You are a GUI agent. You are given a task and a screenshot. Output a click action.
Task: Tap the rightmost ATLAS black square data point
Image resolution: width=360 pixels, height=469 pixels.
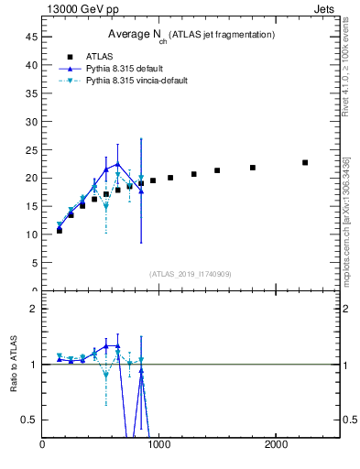[x=305, y=163]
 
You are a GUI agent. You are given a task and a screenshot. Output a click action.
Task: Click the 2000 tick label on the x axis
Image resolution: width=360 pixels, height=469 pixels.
[x=277, y=445]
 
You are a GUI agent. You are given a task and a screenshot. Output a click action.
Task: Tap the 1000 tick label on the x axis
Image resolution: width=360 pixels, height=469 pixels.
[x=159, y=445]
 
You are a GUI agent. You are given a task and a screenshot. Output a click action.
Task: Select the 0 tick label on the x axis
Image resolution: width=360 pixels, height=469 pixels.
[x=42, y=445]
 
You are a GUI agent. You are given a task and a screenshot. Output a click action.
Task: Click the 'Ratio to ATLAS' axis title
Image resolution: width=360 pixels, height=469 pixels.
[x=14, y=365]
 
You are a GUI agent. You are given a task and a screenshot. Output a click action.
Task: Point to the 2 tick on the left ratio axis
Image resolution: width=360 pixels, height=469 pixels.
[x=33, y=309]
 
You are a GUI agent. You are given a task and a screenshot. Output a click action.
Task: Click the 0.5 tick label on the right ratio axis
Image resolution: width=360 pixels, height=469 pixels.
[x=349, y=420]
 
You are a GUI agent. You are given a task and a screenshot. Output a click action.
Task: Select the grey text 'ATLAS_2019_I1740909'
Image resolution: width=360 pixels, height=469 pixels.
[x=190, y=274]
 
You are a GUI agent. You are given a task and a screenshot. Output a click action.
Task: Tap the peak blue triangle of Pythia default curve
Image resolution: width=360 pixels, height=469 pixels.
[x=117, y=164]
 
